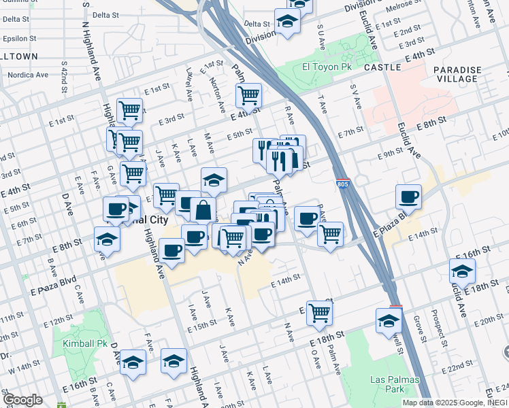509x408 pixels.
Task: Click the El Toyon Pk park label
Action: (x=327, y=67)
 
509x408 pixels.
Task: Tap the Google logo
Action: (x=22, y=400)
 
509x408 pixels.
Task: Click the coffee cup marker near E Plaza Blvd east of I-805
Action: (x=409, y=197)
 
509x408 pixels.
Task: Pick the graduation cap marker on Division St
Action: (x=287, y=20)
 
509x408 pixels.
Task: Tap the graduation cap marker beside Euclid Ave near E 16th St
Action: (x=462, y=271)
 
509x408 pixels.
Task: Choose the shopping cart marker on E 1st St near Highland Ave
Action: (x=129, y=109)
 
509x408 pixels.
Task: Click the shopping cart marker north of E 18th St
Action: (x=318, y=313)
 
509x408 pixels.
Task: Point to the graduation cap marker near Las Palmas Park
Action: (x=389, y=321)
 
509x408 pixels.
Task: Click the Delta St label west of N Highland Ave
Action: (x=14, y=19)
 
